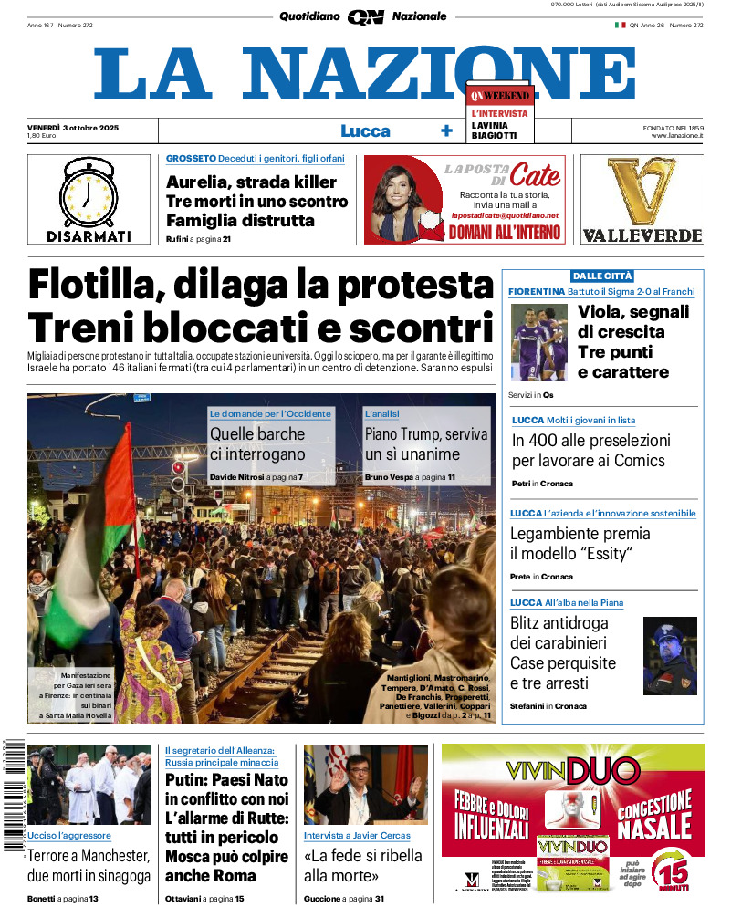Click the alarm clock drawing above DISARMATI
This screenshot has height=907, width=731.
point(89,193)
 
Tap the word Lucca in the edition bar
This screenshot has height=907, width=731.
point(365,130)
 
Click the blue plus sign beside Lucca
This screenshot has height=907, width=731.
point(446,130)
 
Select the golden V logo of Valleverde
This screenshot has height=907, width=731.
point(642,191)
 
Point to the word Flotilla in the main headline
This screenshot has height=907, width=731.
point(90,286)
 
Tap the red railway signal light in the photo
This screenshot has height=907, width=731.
point(180,467)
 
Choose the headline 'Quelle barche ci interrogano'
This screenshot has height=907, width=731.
point(257,444)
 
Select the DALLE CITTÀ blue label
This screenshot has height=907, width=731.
point(601,276)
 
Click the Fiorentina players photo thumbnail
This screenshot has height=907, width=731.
point(538,341)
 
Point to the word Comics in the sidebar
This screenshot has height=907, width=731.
point(631,461)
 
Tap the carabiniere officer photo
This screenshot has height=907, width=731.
point(670,655)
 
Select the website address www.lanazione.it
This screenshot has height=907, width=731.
point(677,136)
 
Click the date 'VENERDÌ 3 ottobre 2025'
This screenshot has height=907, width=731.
point(73,127)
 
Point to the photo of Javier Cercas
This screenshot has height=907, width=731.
point(365,785)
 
